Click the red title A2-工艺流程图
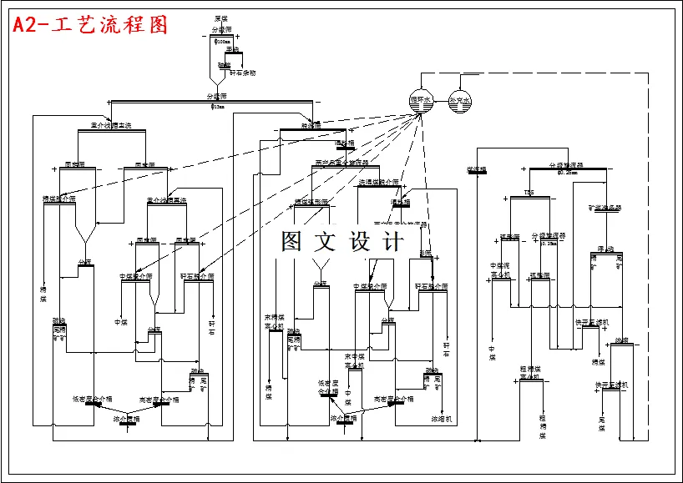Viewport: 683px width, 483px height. (x=90, y=25)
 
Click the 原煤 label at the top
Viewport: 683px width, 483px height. (x=220, y=18)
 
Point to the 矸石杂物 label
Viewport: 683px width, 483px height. (x=242, y=73)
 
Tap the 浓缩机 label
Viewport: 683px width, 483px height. (x=441, y=418)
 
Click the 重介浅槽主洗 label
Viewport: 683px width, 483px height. (x=105, y=126)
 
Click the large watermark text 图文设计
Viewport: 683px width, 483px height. (x=342, y=242)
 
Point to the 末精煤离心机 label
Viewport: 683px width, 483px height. (x=275, y=321)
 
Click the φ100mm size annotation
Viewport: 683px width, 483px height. (x=222, y=39)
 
